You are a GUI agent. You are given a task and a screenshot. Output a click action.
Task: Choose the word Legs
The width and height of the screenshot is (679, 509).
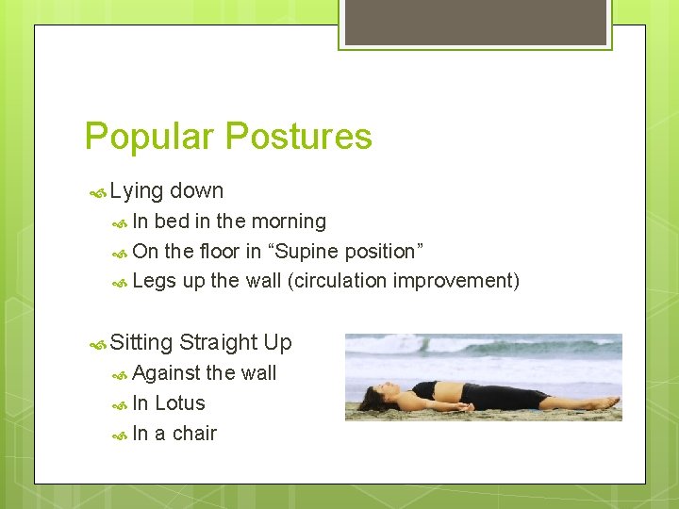pos(155,282)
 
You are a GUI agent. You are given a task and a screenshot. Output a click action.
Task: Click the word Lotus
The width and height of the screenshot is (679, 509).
pos(179,403)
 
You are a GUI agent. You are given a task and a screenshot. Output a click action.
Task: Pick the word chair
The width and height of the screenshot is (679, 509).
pos(194,434)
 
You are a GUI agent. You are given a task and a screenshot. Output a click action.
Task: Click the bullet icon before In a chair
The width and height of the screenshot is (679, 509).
pos(119,435)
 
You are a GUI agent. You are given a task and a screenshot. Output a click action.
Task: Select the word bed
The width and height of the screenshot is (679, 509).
pos(171,222)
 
